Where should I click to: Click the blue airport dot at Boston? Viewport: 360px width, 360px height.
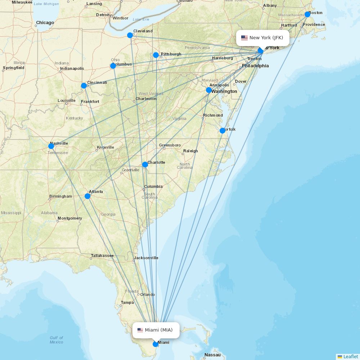tap(307, 14)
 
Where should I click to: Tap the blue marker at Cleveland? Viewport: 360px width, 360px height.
tap(130, 35)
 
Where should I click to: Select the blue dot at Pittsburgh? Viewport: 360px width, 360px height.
tap(156, 55)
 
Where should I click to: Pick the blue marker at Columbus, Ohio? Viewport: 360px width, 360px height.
tap(113, 66)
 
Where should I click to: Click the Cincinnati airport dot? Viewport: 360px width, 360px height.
tap(84, 86)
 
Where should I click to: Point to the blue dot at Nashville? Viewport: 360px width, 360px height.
tap(51, 146)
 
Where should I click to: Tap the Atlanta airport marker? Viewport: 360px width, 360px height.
tap(87, 196)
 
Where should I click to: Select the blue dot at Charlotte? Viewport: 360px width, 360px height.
tap(145, 165)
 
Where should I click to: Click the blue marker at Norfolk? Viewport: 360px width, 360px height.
tap(222, 131)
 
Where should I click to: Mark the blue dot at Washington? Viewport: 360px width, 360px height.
tap(209, 90)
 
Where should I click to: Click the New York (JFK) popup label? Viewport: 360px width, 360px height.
tap(263, 38)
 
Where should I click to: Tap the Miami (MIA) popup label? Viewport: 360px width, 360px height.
tap(156, 330)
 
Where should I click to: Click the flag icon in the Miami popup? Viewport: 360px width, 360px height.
tap(140, 330)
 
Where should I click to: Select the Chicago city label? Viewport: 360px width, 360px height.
tap(45, 23)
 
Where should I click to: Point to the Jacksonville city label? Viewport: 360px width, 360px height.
tap(146, 258)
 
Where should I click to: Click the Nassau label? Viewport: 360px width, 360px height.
tap(212, 355)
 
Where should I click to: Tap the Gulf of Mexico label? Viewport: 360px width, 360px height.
tap(57, 339)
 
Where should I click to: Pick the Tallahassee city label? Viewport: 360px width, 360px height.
tap(102, 256)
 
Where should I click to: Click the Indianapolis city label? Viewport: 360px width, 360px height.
tap(72, 68)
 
